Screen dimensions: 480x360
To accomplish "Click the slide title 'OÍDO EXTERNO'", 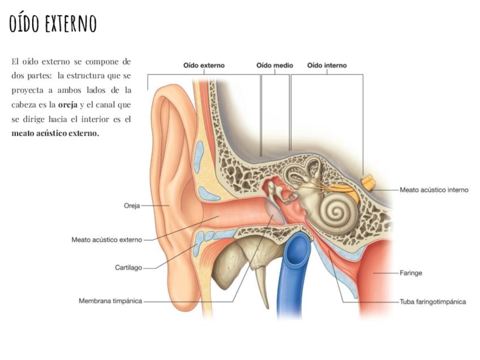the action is coord(53,23).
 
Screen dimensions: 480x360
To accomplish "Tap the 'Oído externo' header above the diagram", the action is coord(204,65).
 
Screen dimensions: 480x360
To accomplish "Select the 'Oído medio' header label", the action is coord(275,65).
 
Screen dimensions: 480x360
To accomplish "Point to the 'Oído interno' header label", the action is coord(327,65).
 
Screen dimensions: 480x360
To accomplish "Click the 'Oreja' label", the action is coord(132,205).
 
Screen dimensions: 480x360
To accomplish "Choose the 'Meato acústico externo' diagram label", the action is coord(107,239).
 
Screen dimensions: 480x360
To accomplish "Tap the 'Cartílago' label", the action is coord(128,268).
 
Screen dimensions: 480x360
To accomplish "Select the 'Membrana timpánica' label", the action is coord(110,301).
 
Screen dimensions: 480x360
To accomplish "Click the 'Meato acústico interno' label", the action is coord(434,190).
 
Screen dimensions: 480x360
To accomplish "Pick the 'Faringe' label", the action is coord(411,273).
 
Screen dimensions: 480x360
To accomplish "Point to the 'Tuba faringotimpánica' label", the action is coord(433,302).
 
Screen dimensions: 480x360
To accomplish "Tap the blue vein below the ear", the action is coord(292,269).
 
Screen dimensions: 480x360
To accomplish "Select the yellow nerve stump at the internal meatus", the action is coord(368,182).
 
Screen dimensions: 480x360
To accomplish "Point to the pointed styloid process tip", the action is coord(267,307).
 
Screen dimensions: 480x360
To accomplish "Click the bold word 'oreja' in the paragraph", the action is coord(68,105).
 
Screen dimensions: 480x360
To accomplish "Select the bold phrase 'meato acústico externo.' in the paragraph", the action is coord(55,133).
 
